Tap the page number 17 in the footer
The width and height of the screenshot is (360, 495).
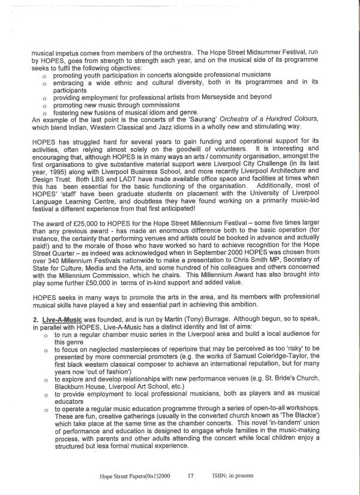(x=190, y=476)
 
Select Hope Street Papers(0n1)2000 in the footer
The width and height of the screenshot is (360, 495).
(x=135, y=476)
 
